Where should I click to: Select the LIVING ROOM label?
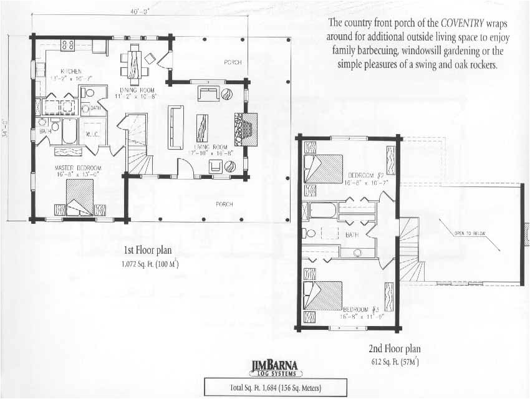pyautogui.click(x=209, y=146)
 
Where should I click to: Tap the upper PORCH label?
pyautogui.click(x=233, y=62)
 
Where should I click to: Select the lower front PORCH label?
pyautogui.click(x=224, y=204)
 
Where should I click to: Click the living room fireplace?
pyautogui.click(x=244, y=128)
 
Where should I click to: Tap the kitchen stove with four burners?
pyautogui.click(x=67, y=45)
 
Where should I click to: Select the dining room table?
pyautogui.click(x=135, y=61)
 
